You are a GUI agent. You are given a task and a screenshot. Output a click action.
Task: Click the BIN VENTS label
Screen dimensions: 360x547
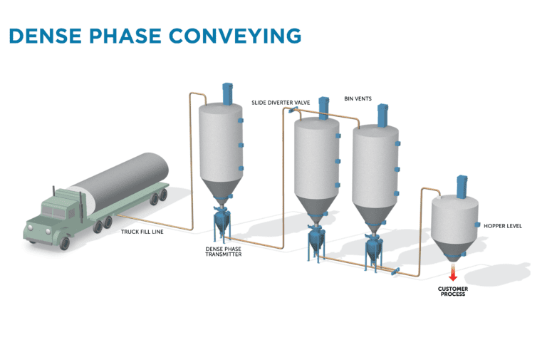(x=368, y=98)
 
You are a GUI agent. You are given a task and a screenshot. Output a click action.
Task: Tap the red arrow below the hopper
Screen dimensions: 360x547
(x=452, y=274)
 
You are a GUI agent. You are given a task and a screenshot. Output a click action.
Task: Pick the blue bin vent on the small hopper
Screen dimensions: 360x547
(x=461, y=186)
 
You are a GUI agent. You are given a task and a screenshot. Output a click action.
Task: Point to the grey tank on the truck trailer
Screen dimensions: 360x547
(x=128, y=181)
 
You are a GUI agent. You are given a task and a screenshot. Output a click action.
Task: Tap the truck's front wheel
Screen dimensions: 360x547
(x=66, y=242)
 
